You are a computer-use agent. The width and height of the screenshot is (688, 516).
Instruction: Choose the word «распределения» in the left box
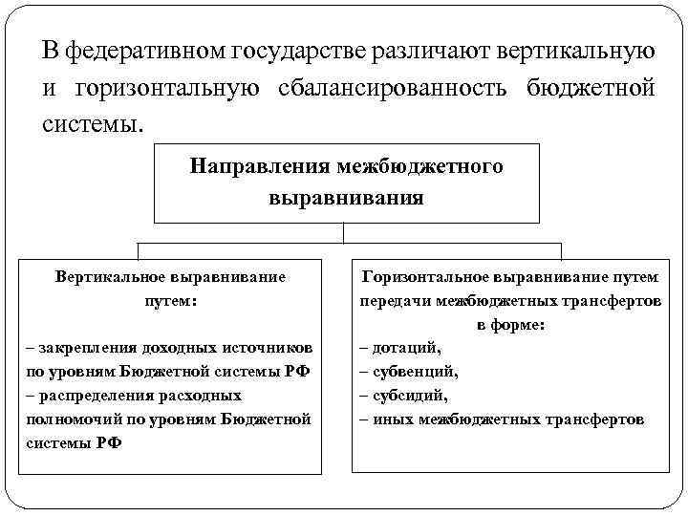click(92, 396)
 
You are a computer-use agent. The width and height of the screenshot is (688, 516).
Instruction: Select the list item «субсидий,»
click(411, 396)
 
